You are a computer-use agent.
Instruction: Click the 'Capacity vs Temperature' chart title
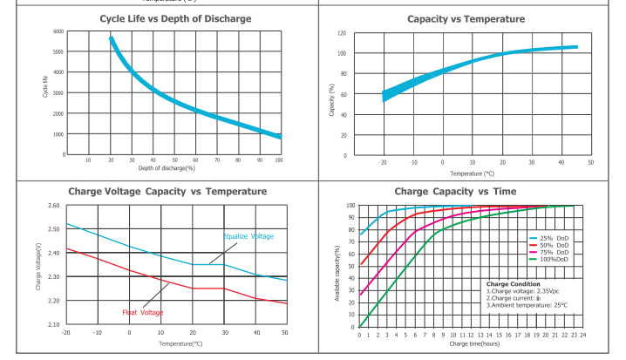(x=466, y=19)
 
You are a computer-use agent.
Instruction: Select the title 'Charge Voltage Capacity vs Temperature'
(x=167, y=191)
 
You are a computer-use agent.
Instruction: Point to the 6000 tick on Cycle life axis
(x=58, y=31)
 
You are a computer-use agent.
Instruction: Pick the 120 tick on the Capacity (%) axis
(x=342, y=33)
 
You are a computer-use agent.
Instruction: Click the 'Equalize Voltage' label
(x=248, y=236)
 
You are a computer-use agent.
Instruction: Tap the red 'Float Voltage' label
(x=143, y=312)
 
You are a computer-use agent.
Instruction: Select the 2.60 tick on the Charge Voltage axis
(x=53, y=206)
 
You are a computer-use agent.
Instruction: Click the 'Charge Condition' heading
(x=513, y=284)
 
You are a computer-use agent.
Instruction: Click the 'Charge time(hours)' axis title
(x=475, y=344)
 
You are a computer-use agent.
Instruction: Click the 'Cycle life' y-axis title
(x=44, y=87)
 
